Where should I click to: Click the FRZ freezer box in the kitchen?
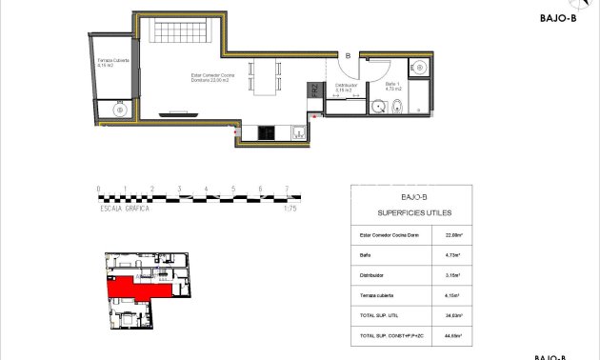coord(313,92)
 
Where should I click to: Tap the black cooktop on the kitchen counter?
coord(267,132)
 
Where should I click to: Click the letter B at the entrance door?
coord(349,56)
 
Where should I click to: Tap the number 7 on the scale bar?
coord(287,189)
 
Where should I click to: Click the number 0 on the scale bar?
coord(98,189)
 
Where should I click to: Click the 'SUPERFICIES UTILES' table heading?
coord(415,213)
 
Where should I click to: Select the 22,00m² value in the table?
coord(454,233)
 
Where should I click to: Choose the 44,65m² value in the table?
coord(454,336)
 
